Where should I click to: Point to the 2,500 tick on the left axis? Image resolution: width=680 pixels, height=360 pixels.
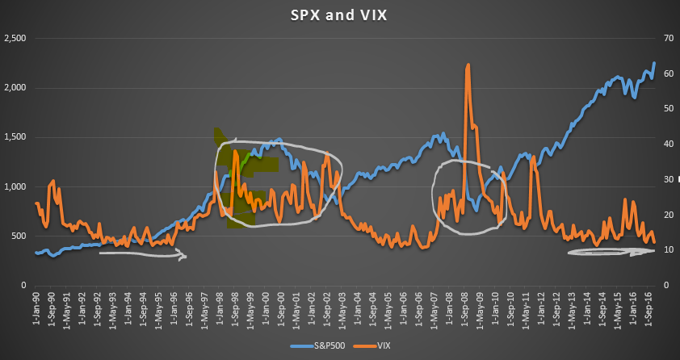click(x=15, y=39)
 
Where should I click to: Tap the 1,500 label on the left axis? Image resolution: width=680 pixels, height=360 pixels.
click(x=15, y=137)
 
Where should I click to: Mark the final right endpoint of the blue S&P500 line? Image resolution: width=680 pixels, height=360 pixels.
click(x=654, y=62)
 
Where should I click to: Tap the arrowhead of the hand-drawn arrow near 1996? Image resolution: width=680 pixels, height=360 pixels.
click(x=183, y=257)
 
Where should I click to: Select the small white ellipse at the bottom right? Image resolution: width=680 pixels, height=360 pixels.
click(x=610, y=252)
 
